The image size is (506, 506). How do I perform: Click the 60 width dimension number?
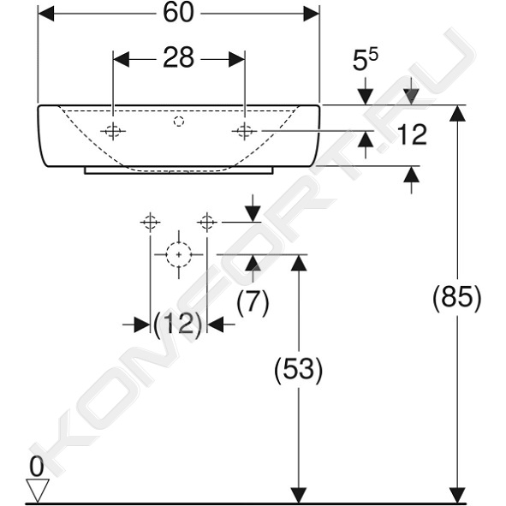tap(178, 13)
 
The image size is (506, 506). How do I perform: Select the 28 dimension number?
tap(178, 58)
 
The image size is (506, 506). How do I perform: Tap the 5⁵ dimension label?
tap(365, 59)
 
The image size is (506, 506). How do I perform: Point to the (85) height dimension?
tap(457, 297)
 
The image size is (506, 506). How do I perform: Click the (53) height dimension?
tap(299, 369)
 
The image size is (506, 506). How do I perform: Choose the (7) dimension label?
tap(253, 302)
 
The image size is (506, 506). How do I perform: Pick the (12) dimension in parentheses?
tap(178, 324)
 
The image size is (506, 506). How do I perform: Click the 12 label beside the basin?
tap(412, 134)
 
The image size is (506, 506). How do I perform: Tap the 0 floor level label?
tap(37, 467)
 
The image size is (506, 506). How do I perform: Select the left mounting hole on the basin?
tap(113, 131)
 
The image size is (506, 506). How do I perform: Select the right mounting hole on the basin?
tap(244, 131)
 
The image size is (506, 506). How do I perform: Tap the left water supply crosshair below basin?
tap(150, 222)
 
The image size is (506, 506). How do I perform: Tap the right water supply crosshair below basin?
tap(207, 222)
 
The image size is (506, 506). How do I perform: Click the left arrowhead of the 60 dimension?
tap(46, 13)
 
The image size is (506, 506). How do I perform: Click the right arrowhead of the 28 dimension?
tap(236, 59)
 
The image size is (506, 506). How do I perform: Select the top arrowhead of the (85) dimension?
tap(457, 113)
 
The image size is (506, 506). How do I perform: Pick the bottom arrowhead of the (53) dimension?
tap(299, 495)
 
